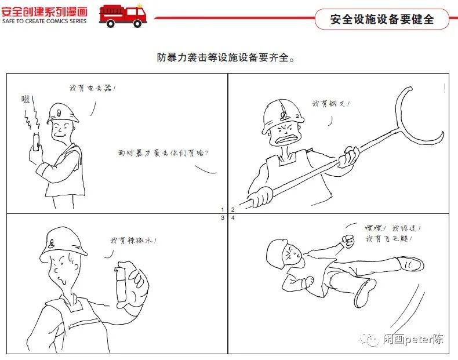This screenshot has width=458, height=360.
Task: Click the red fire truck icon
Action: (122, 15)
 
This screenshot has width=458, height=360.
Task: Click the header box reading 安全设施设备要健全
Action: (382, 19)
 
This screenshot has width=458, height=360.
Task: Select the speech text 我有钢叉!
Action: (330, 104)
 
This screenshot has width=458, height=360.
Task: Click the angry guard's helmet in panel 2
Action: (282, 111)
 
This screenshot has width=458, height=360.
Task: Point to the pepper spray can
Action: (122, 283)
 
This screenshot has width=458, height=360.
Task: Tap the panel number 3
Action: (222, 219)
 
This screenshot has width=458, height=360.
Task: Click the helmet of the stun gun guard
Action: (63, 112)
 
